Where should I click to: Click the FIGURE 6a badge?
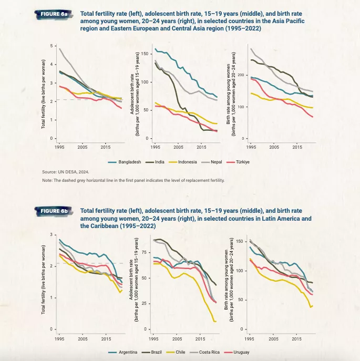click(x=53, y=13)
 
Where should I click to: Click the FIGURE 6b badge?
click(x=53, y=211)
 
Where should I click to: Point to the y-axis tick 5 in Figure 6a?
click(x=52, y=46)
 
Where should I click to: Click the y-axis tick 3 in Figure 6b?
click(x=52, y=235)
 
